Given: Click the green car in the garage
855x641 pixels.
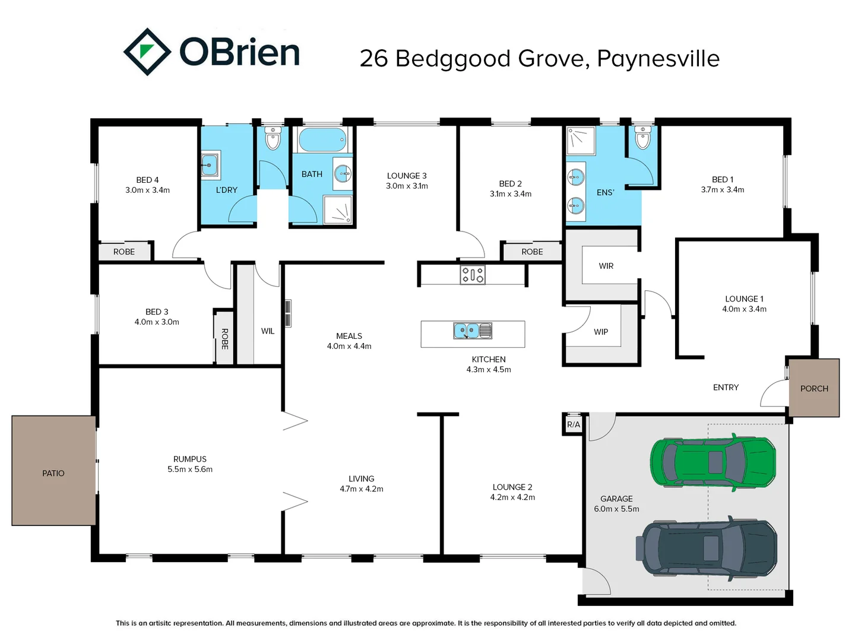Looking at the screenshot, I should pyautogui.click(x=712, y=462).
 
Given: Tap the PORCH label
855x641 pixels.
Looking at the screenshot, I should pyautogui.click(x=814, y=389).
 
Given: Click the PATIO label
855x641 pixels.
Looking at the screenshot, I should pyautogui.click(x=53, y=473).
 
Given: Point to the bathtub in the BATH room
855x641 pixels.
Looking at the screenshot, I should pyautogui.click(x=322, y=140).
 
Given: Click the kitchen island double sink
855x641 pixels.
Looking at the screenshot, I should pyautogui.click(x=473, y=331).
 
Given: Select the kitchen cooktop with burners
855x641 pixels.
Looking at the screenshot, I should pyautogui.click(x=473, y=274).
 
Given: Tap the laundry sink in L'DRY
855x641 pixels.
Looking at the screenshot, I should pyautogui.click(x=210, y=164).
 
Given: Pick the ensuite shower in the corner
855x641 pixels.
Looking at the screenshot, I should pyautogui.click(x=579, y=141).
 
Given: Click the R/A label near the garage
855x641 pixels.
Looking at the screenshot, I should pyautogui.click(x=573, y=424).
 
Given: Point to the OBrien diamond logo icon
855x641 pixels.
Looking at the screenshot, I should pyautogui.click(x=147, y=52).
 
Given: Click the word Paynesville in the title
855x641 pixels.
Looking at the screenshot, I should pyautogui.click(x=658, y=58).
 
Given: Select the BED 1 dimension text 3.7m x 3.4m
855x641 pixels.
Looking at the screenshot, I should pyautogui.click(x=722, y=190).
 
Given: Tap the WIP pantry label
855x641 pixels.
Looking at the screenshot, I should pyautogui.click(x=601, y=332).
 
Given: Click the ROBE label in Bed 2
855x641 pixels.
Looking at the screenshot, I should pyautogui.click(x=532, y=252).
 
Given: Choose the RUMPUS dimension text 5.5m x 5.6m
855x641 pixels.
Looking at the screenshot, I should pyautogui.click(x=190, y=469).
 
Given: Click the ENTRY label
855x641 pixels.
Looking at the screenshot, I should pyautogui.click(x=726, y=388).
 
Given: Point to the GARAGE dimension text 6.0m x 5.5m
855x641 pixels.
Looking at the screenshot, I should pyautogui.click(x=616, y=509).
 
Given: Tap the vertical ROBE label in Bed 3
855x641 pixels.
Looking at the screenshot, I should pyautogui.click(x=224, y=338).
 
